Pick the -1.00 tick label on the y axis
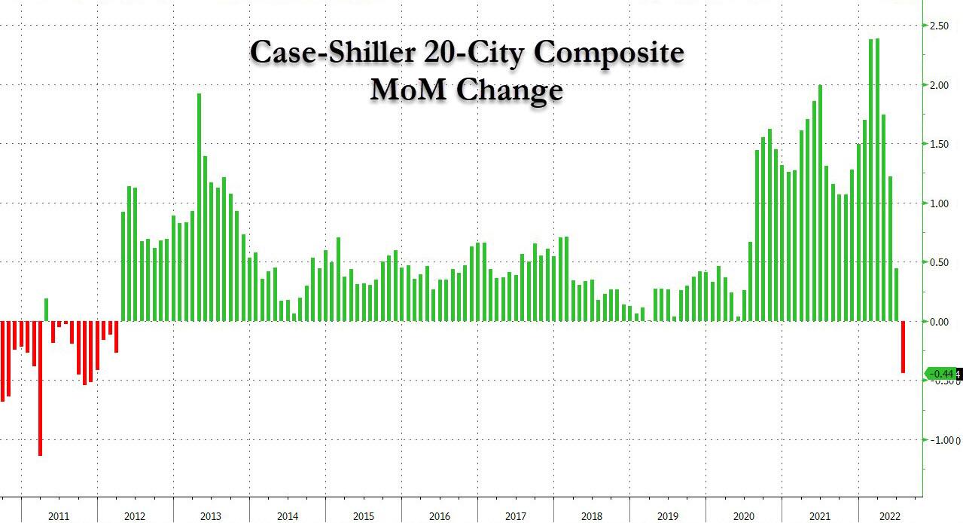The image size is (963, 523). point(937,440)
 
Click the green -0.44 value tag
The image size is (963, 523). point(941,374)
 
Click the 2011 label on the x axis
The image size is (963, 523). point(59,516)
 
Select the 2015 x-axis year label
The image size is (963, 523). point(364,516)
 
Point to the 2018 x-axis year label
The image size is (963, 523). point(592,516)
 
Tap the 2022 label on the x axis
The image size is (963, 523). point(889,516)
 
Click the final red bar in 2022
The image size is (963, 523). point(903,347)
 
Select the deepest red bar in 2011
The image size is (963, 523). point(40,388)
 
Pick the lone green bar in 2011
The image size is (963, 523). point(46,310)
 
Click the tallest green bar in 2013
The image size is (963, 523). point(199,207)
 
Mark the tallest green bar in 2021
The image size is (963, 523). point(820,203)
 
